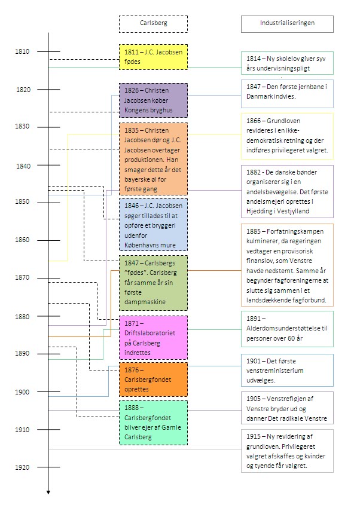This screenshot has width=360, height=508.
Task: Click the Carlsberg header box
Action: point(153,23)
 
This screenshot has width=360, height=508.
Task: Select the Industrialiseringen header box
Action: point(287,23)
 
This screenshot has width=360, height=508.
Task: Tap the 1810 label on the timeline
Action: point(22,52)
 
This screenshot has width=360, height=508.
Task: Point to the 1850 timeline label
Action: point(22,203)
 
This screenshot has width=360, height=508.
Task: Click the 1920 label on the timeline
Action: point(22,467)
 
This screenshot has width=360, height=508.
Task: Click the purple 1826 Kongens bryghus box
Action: point(153,100)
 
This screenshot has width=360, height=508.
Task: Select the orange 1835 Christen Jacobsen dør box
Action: point(153,159)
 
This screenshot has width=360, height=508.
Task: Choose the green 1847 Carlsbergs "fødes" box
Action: point(153,283)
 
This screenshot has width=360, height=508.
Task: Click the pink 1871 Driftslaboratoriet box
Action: point(153,336)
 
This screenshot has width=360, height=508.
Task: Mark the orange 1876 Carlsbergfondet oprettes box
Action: point(153,378)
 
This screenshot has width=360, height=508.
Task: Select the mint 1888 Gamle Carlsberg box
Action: point(153,421)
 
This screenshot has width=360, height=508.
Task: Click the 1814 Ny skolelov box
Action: point(287,63)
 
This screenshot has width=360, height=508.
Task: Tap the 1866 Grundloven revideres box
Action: point(287,136)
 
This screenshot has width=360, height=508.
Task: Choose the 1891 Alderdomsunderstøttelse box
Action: point(287,328)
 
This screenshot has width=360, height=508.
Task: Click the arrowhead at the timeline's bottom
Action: point(48,492)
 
